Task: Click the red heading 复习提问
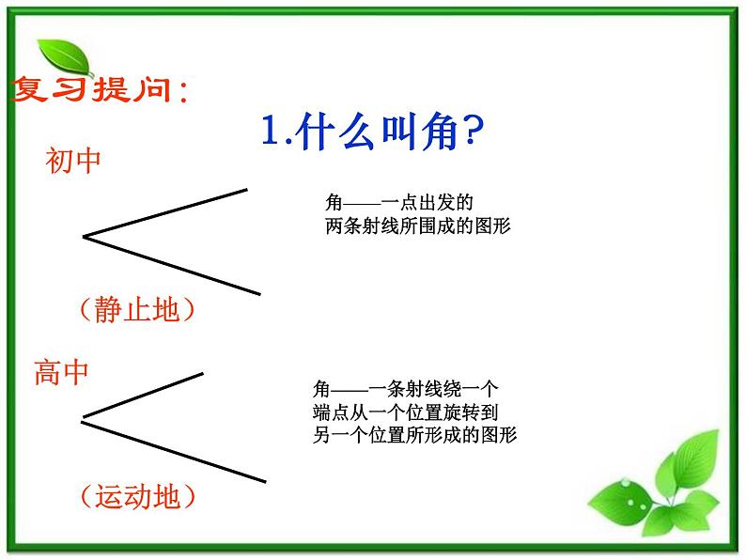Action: (x=99, y=92)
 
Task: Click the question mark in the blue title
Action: (x=468, y=134)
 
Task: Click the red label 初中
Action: (x=73, y=161)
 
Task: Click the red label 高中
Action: (x=62, y=373)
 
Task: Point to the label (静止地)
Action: (x=136, y=309)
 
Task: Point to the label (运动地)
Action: (x=137, y=495)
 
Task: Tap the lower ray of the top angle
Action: (x=174, y=265)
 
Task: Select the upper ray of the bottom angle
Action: (x=146, y=393)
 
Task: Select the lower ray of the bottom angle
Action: (x=174, y=451)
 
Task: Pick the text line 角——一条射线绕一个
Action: (x=406, y=388)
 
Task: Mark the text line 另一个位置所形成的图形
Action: (x=414, y=435)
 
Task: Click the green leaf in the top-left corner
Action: (x=64, y=58)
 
